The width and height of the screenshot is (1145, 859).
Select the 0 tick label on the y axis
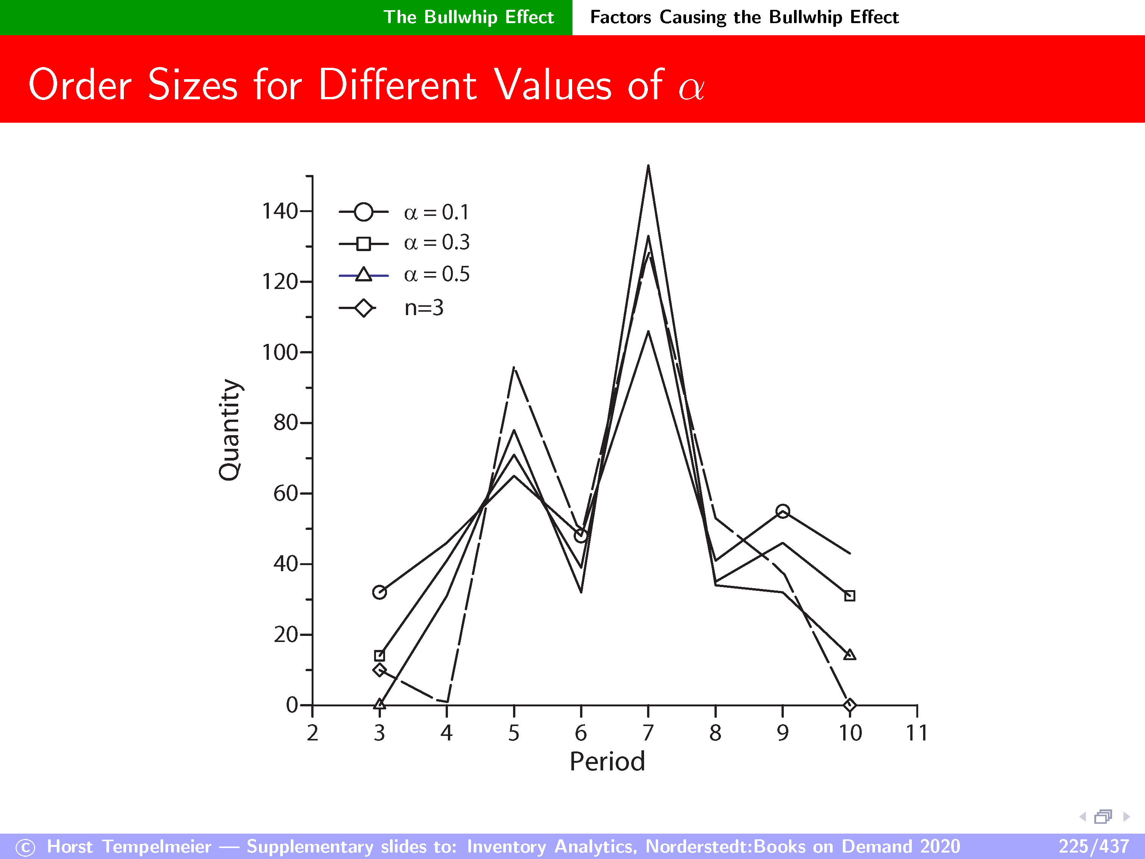tap(292, 705)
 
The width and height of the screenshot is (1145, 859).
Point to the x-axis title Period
tap(607, 762)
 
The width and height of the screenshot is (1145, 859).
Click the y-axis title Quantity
tap(229, 430)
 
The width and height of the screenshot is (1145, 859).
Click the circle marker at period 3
tap(379, 592)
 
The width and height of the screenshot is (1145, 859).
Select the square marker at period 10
tap(849, 596)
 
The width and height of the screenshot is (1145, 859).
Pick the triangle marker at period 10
tap(849, 655)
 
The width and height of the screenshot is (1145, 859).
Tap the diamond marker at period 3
tap(379, 670)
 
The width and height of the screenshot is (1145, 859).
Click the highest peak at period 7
tap(648, 166)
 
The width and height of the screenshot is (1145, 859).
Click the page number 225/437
tap(1093, 847)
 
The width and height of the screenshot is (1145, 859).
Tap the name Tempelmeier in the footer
tap(156, 847)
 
